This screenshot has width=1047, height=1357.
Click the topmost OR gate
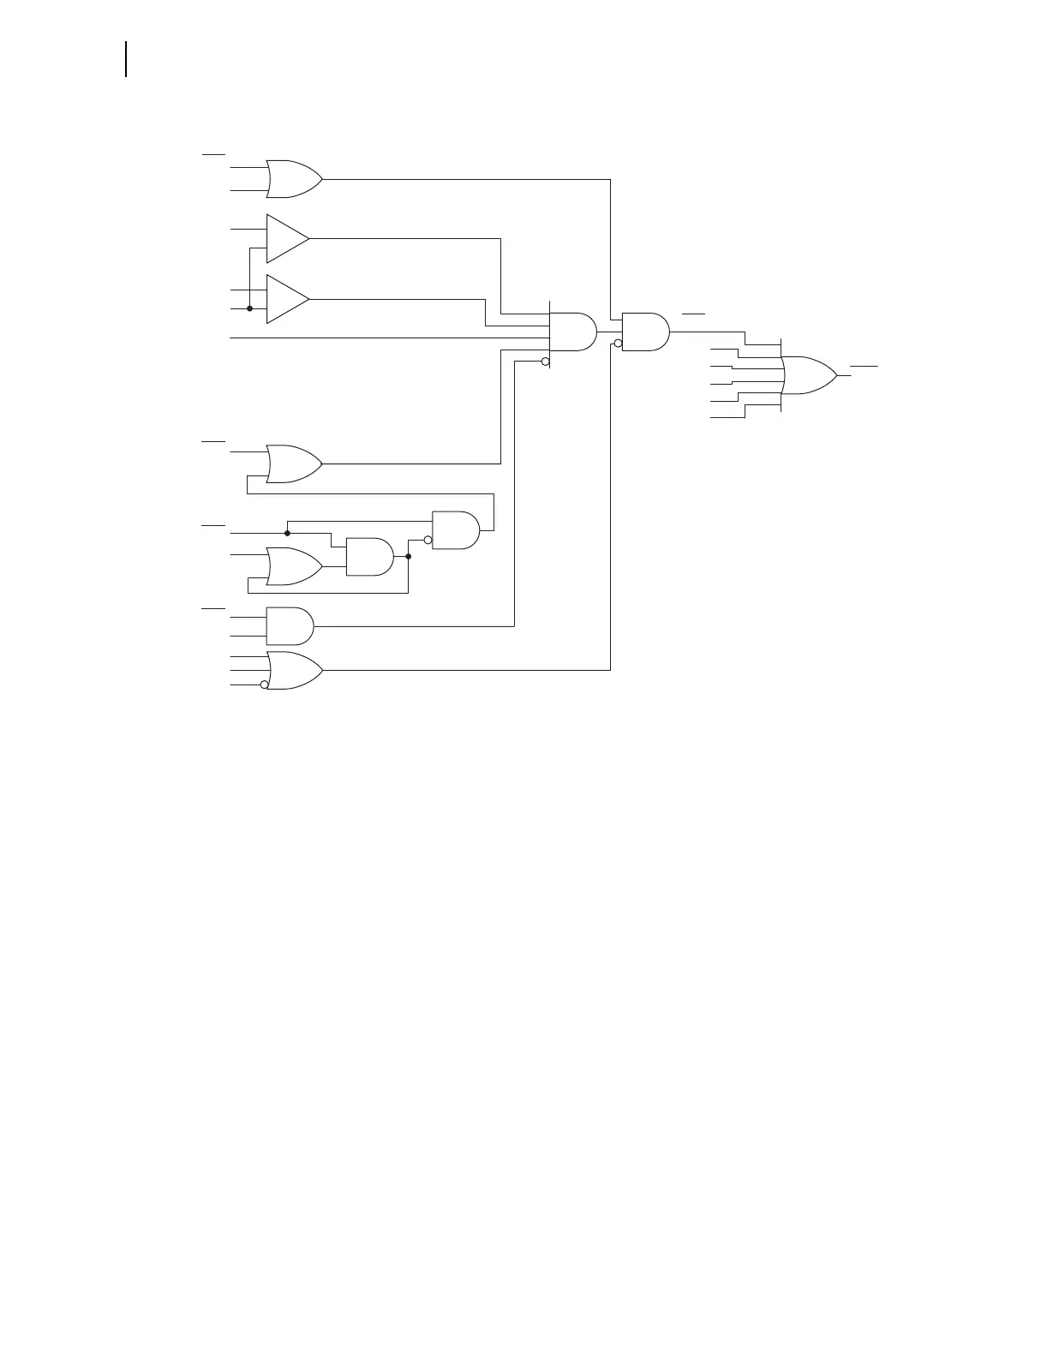pos(294,179)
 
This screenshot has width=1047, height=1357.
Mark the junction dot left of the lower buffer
pos(249,308)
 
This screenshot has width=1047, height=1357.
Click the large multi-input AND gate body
pos(571,332)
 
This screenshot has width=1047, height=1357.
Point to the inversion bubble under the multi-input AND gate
pos(545,362)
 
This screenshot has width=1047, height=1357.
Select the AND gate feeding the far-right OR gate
pos(645,332)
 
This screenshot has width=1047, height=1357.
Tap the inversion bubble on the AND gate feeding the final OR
pos(618,344)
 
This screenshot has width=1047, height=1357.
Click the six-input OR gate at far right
pos(809,375)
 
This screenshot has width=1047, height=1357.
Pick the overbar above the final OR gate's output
pos(864,366)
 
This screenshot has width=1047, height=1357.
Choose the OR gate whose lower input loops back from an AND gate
pos(294,463)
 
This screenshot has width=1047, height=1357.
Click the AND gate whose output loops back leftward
pos(455,530)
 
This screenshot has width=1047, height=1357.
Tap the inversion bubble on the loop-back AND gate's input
pos(428,540)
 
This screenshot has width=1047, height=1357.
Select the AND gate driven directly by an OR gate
pos(369,557)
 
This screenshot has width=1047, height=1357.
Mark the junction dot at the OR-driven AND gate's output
pos(409,557)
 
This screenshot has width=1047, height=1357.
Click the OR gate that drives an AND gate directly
pos(294,566)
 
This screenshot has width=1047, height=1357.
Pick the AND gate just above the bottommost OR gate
pos(290,626)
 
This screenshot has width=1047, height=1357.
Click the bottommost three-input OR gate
pos(294,671)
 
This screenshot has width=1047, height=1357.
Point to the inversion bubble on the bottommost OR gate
pos(264,684)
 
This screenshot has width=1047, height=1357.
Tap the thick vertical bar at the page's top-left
pos(127,59)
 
